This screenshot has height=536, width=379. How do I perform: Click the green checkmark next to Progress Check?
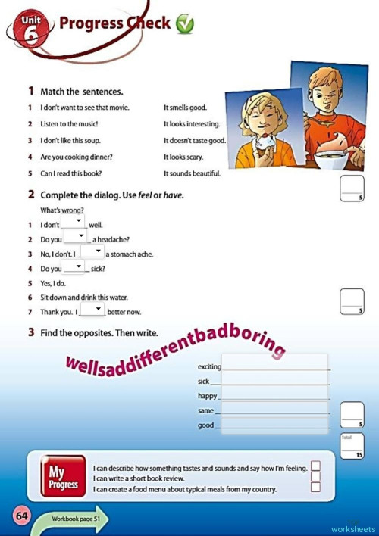184,25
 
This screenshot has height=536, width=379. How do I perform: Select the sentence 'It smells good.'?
185,108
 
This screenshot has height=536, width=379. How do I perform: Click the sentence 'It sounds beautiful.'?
192,173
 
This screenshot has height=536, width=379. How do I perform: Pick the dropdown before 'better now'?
92,310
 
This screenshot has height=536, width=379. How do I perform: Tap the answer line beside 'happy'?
274,397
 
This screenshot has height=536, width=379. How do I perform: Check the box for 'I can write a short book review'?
315,477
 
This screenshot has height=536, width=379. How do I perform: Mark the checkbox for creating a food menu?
315,488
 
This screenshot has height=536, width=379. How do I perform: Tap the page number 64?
20,516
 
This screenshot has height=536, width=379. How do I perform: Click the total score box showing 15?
352,447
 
